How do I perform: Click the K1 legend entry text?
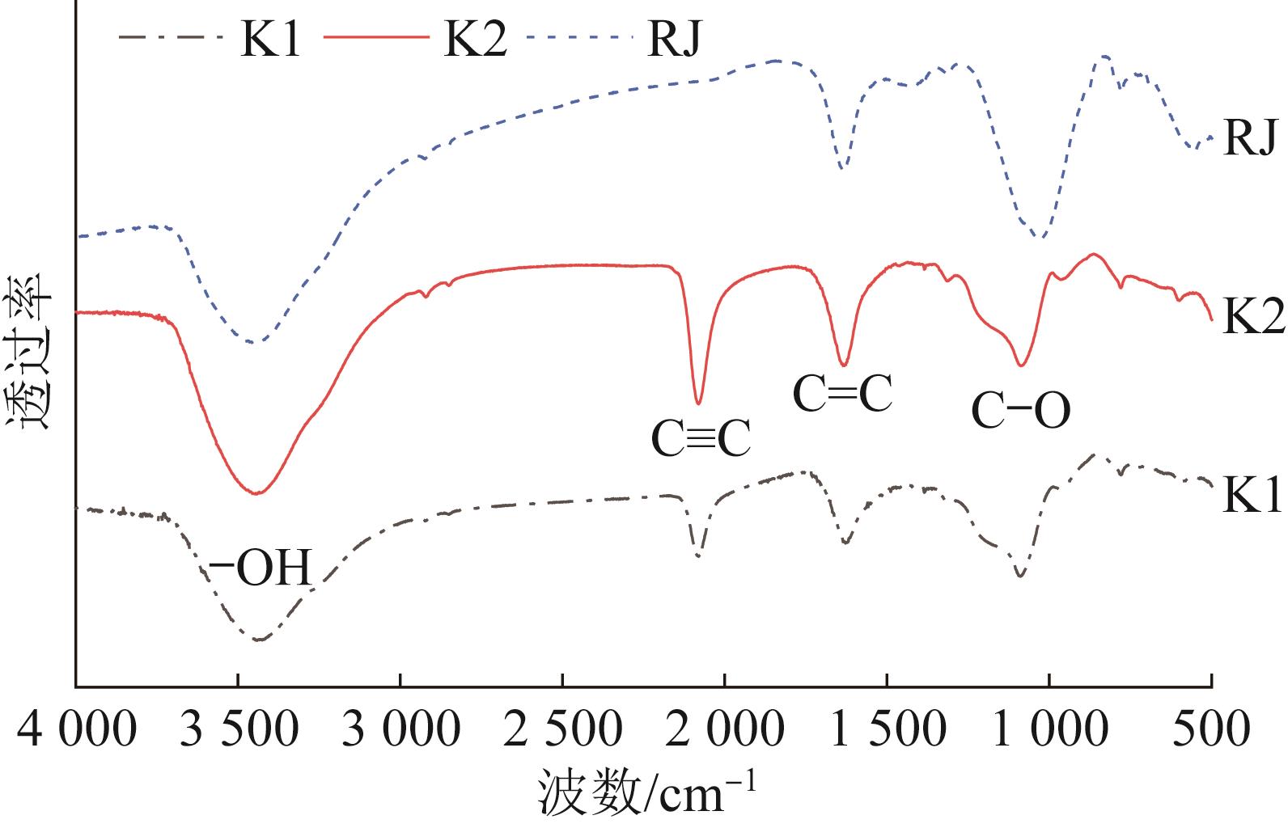(x=269, y=39)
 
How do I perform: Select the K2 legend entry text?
(x=476, y=39)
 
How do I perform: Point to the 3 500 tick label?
(x=238, y=731)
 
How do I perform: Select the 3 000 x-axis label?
(x=400, y=731)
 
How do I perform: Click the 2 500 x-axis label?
(x=563, y=731)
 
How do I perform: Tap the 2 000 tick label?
(x=725, y=731)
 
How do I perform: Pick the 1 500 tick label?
(x=887, y=731)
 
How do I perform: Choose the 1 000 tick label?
(x=1049, y=731)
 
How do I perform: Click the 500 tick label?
(x=1212, y=731)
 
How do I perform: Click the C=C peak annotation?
(x=842, y=394)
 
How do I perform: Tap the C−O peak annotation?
(x=1021, y=411)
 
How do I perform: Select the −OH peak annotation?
(x=260, y=569)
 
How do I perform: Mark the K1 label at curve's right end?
(x=1252, y=495)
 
